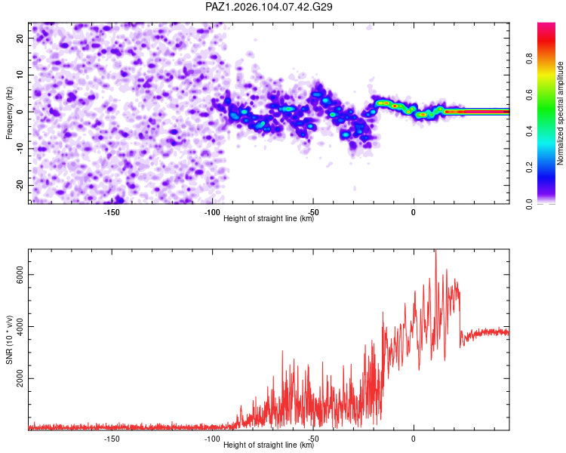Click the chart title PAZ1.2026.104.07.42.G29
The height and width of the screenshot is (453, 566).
tap(269, 7)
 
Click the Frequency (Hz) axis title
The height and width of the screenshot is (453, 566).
tap(9, 113)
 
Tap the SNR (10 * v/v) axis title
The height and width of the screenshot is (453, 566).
tap(9, 340)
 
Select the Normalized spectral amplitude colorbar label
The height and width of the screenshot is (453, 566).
tap(560, 113)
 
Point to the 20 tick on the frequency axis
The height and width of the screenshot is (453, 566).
tap(20, 39)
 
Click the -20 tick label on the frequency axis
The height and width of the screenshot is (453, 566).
tap(20, 186)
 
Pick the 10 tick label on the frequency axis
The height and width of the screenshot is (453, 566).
tap(20, 75)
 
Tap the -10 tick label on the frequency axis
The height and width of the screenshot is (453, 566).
tap(20, 149)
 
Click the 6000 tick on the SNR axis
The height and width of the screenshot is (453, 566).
tap(20, 275)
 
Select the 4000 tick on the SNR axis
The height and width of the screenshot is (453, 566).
tap(20, 327)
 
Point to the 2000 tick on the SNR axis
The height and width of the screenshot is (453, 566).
tap(20, 378)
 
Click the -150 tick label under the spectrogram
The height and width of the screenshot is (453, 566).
tap(112, 212)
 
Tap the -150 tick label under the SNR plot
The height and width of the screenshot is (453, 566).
tap(112, 439)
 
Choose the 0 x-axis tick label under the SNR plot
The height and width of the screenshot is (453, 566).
tap(414, 439)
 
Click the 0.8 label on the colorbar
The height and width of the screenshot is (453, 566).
tap(529, 59)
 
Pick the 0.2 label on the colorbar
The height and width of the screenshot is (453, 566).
tap(529, 168)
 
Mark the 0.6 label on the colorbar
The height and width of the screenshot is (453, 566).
tap(529, 94)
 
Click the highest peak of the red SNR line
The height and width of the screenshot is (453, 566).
tap(435, 250)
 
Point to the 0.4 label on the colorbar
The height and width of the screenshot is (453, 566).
tap(529, 131)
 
